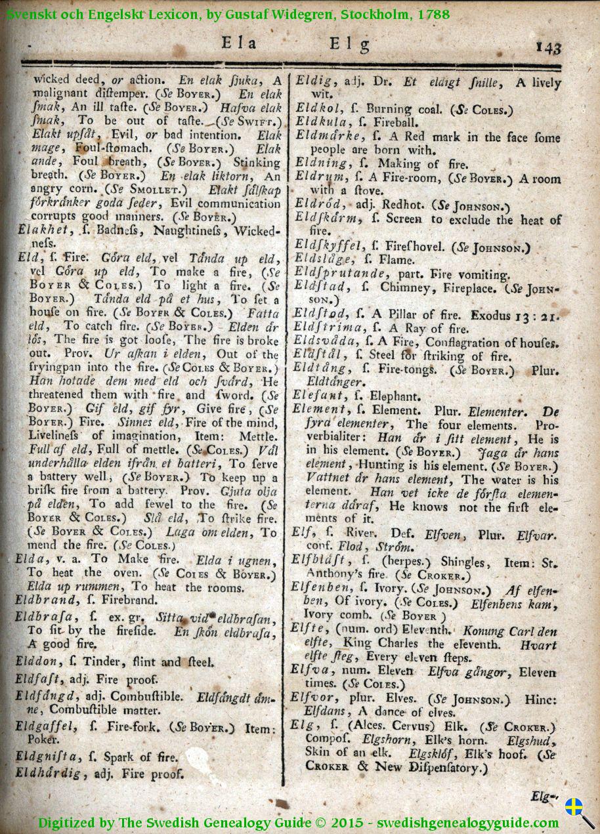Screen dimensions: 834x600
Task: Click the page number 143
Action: [x=548, y=48]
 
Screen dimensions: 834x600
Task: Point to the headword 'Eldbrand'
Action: [x=43, y=600]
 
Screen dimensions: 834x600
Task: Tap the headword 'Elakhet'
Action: [x=41, y=231]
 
